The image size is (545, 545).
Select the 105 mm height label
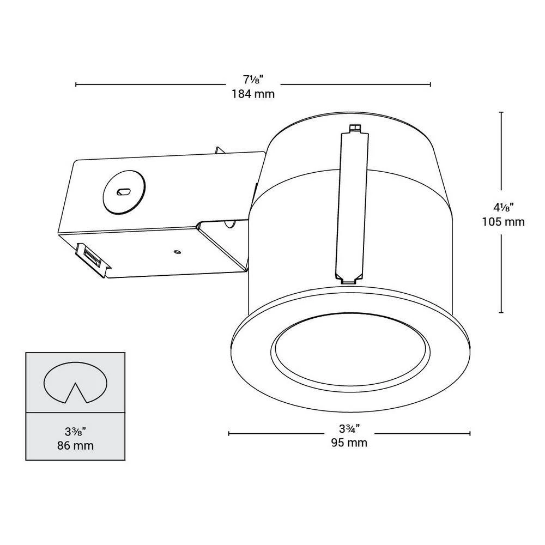(x=503, y=222)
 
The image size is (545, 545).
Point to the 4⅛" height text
(x=504, y=208)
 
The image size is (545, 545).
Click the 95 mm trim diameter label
(x=349, y=443)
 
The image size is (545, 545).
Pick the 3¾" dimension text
(x=349, y=429)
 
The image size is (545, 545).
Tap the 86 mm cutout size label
(x=75, y=445)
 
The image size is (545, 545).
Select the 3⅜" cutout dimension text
(x=75, y=432)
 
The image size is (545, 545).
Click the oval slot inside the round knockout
(x=124, y=191)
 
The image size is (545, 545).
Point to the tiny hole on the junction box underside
(x=177, y=252)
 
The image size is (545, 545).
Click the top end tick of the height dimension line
(x=501, y=112)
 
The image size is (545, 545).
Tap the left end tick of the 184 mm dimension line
(x=76, y=84)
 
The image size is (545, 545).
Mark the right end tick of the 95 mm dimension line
(x=470, y=434)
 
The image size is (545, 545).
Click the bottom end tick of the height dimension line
(x=501, y=312)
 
